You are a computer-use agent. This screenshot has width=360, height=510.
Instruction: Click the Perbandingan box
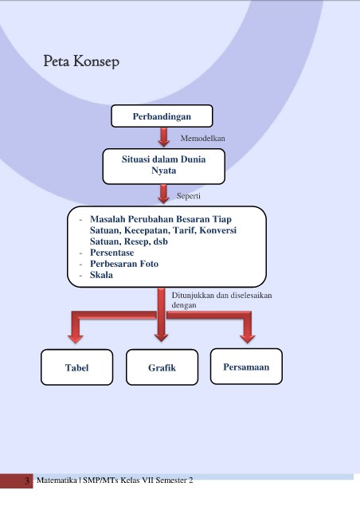point(162,116)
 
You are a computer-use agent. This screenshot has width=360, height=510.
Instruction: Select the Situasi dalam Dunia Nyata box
point(163,167)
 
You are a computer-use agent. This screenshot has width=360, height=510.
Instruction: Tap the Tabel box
point(76,367)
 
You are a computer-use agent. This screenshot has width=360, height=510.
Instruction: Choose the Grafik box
point(162,367)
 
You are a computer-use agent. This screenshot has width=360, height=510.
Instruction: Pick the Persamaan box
point(246,367)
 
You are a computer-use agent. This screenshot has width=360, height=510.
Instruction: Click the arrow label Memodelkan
point(202,138)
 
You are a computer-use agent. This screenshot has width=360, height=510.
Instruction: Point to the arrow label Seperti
point(188,196)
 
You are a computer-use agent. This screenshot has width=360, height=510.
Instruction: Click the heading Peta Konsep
point(81,61)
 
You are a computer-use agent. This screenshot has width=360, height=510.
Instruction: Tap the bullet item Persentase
point(112,253)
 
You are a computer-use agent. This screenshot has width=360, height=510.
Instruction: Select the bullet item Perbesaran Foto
point(124,264)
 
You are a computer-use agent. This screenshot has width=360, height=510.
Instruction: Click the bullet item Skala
point(101,275)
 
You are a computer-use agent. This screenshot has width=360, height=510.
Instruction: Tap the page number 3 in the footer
point(27,481)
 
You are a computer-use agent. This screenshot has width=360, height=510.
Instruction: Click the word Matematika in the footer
point(57,480)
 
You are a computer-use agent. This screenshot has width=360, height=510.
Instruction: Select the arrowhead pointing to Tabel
point(76,337)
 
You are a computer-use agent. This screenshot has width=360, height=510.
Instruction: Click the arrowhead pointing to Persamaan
point(247,337)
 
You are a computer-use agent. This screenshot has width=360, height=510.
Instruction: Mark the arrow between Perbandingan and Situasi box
point(163,137)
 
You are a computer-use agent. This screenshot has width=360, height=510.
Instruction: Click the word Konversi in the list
point(218,230)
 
